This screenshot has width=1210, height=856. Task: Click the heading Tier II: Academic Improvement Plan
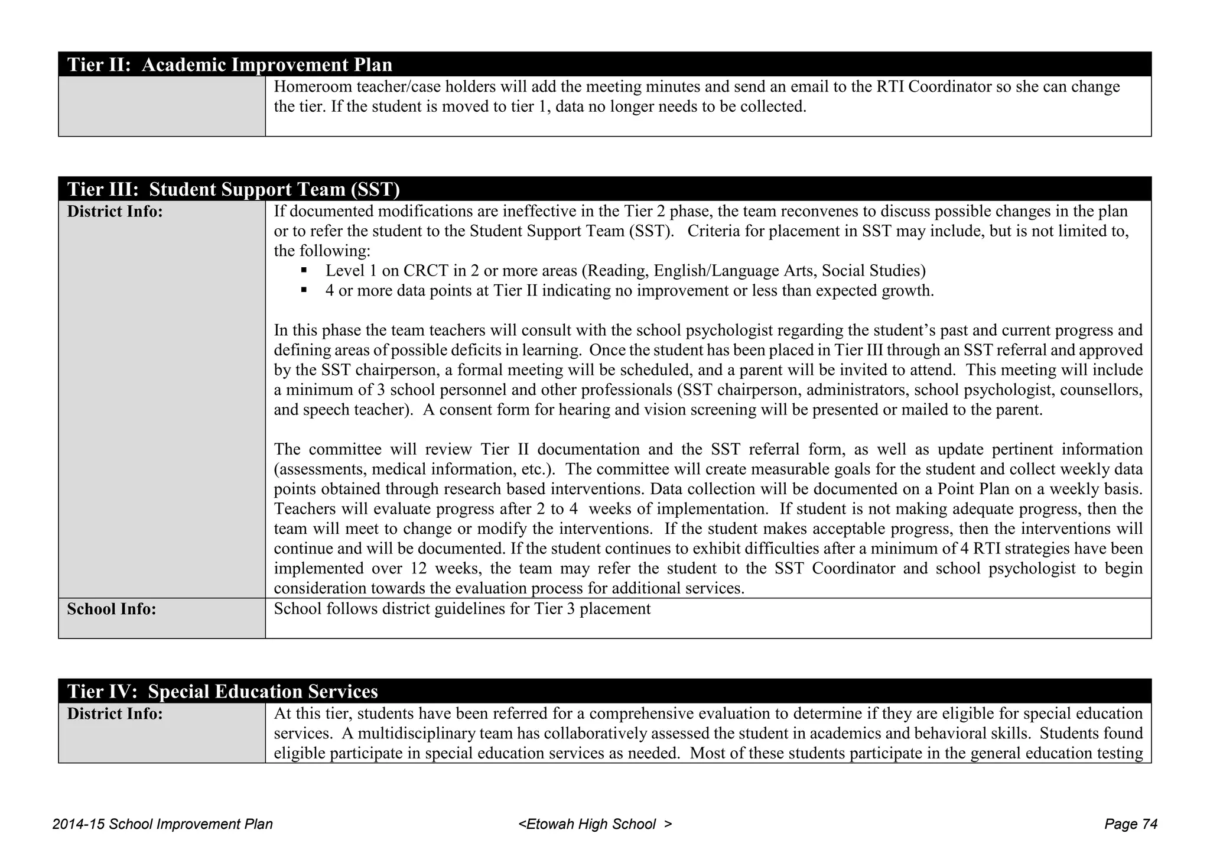click(229, 64)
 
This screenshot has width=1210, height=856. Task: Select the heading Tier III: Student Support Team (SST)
click(233, 189)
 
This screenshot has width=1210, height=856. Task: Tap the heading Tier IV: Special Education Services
click(222, 692)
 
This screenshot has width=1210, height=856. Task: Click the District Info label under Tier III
click(115, 212)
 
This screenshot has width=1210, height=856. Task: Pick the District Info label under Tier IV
click(115, 714)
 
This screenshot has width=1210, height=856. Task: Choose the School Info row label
click(112, 609)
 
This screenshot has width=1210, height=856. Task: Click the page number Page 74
click(1130, 824)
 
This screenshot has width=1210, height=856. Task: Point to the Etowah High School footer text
click(594, 824)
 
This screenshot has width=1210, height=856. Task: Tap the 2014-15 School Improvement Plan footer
click(162, 824)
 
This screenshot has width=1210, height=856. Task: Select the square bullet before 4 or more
click(304, 290)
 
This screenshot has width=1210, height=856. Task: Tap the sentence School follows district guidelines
click(462, 609)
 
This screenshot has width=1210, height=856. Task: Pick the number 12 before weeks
click(411, 569)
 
